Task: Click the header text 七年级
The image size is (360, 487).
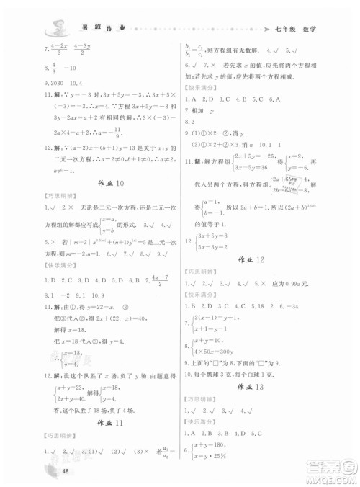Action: coord(283,31)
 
